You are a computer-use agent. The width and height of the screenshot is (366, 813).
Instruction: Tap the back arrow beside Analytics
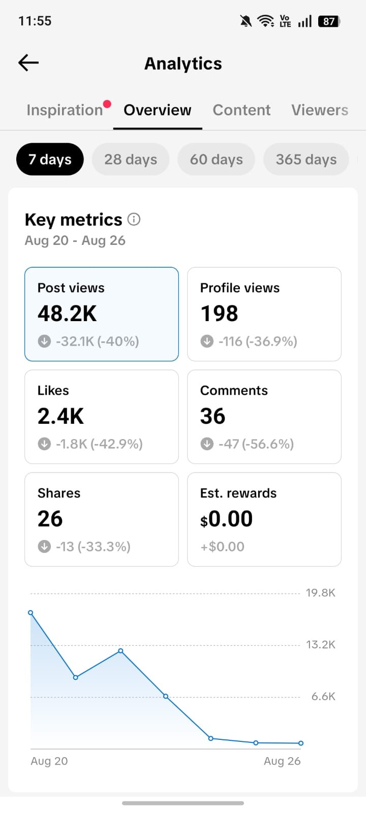[x=28, y=63]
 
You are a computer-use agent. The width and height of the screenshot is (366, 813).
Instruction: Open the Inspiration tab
[x=65, y=110]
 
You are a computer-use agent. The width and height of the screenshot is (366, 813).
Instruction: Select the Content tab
[x=241, y=110]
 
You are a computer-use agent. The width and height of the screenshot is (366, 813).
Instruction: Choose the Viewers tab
[x=320, y=110]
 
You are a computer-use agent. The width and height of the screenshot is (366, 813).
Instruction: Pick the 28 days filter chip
[x=131, y=160]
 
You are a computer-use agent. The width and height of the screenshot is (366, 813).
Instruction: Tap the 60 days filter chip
[x=217, y=160]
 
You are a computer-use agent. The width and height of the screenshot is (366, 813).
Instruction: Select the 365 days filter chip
[x=306, y=160]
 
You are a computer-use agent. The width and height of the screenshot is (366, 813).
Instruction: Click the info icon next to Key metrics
[x=134, y=219]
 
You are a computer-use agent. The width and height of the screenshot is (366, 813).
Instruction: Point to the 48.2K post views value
[x=67, y=313]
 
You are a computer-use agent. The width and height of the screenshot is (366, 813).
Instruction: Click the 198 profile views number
[x=219, y=313]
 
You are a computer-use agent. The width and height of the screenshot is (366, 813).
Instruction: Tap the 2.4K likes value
[x=60, y=416]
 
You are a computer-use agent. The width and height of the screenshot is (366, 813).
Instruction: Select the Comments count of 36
[x=213, y=416]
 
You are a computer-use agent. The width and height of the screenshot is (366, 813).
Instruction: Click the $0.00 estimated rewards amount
[x=227, y=519]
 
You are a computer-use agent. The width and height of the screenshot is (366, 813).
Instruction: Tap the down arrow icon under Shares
[x=44, y=546]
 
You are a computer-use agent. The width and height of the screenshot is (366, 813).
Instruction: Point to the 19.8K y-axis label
[x=321, y=592]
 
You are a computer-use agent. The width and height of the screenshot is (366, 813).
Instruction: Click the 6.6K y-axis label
[x=323, y=696]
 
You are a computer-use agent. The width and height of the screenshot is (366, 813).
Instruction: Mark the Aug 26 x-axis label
[x=282, y=761]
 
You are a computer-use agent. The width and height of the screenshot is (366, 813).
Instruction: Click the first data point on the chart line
[x=30, y=613]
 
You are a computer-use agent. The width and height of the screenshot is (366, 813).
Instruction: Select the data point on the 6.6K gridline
[x=166, y=696]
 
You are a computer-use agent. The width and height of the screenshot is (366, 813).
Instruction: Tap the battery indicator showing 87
[x=329, y=21]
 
